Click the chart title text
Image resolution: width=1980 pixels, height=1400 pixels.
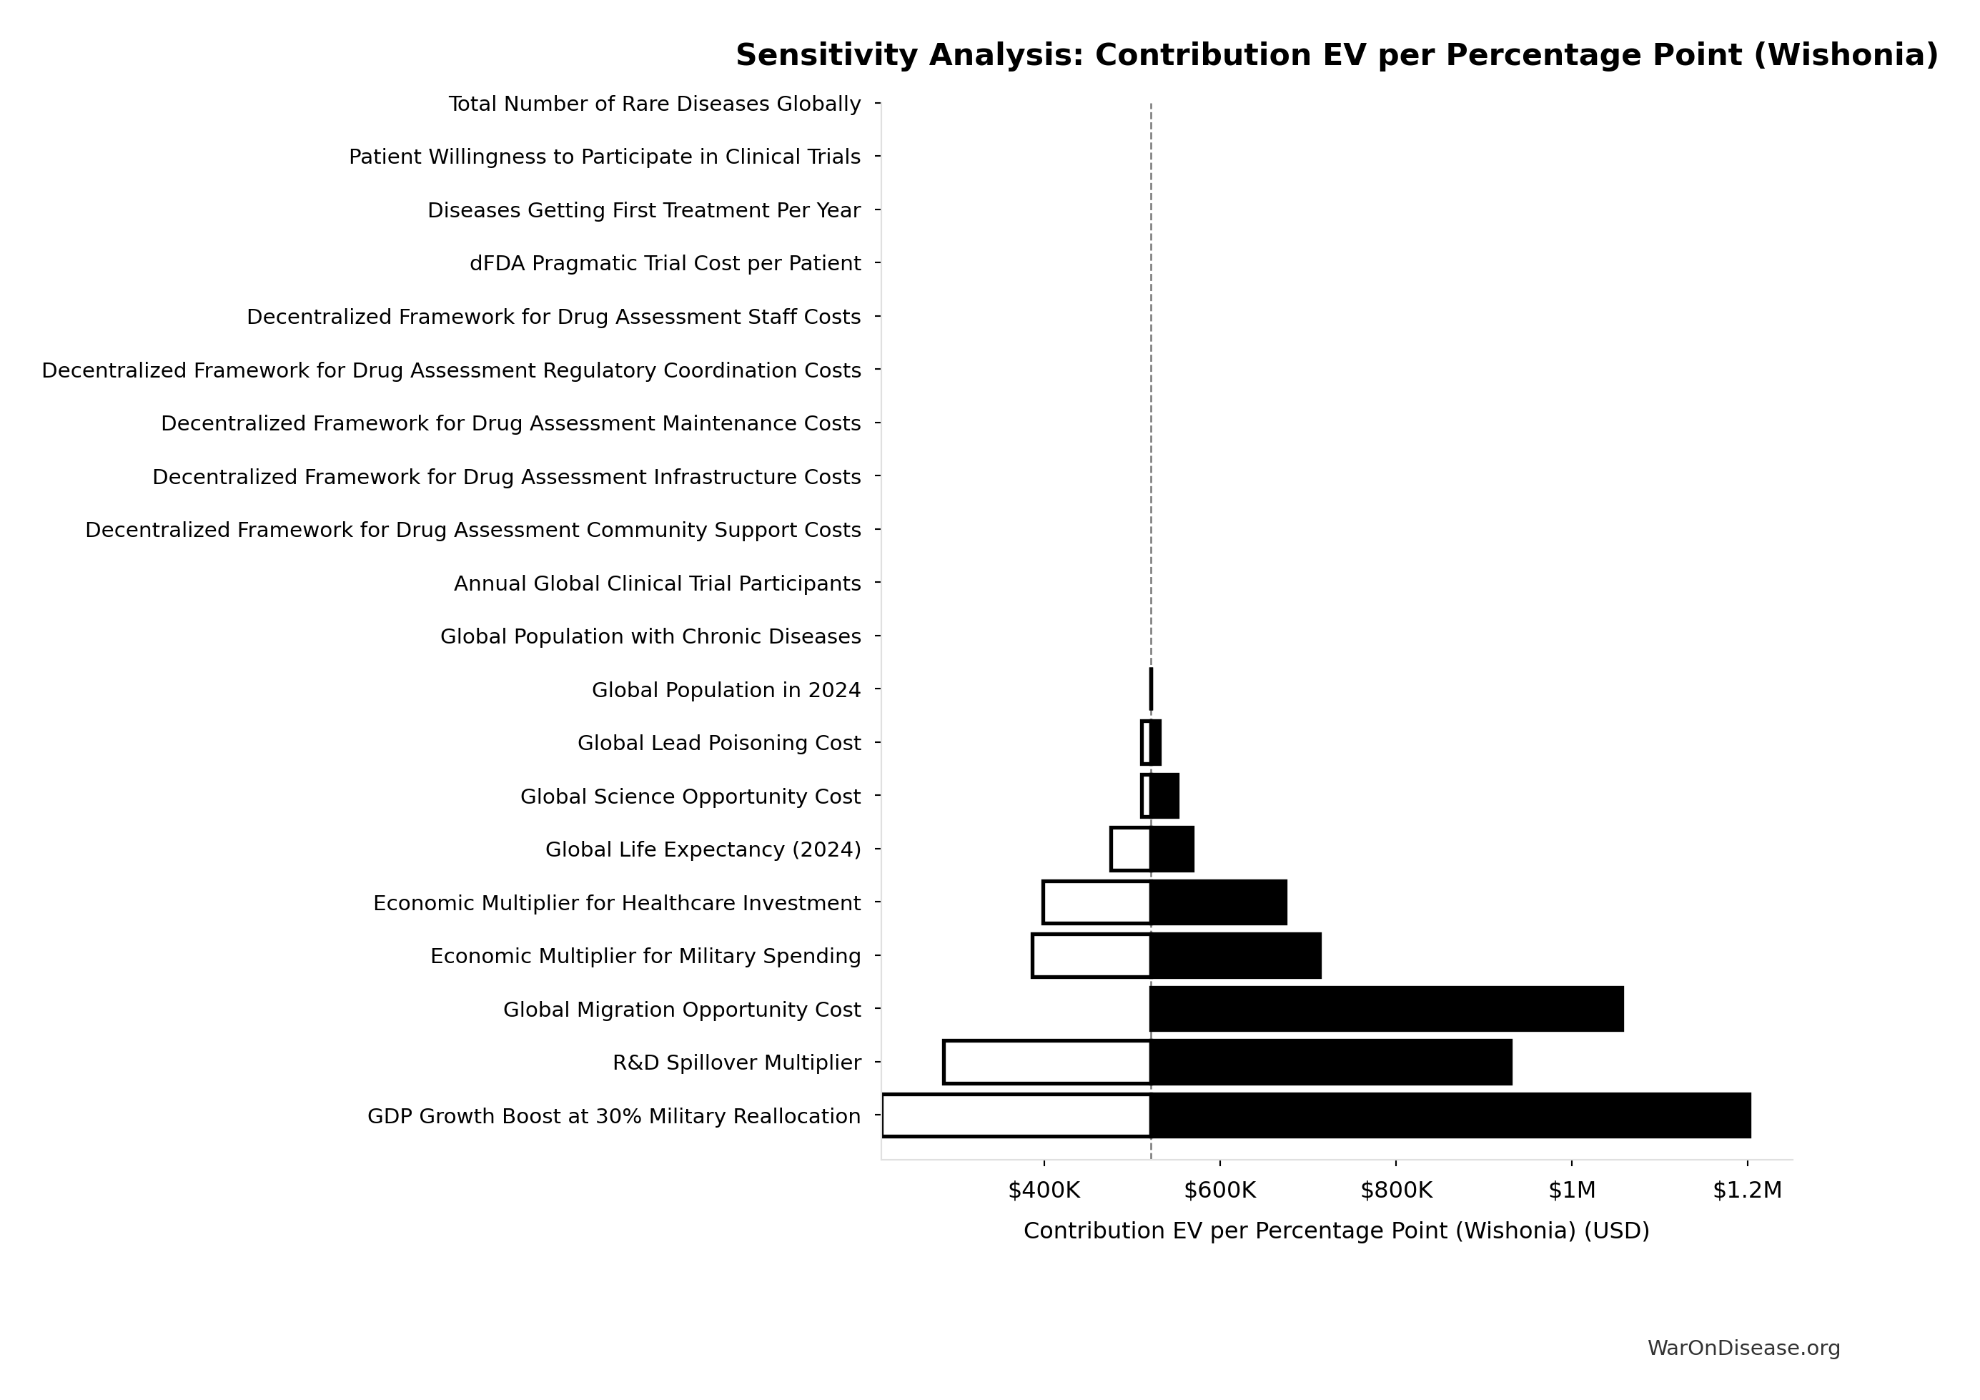coord(1337,55)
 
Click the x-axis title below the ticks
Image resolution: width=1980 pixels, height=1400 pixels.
coord(1336,1231)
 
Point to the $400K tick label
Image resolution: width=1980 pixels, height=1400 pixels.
coord(1044,1191)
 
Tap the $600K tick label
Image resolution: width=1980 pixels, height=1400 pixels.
coord(1219,1191)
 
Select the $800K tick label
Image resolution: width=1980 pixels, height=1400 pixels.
coord(1395,1191)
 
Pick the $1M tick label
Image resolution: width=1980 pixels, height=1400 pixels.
coord(1571,1191)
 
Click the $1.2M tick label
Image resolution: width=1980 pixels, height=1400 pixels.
coord(1746,1191)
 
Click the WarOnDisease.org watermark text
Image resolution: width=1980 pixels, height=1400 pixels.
coord(1743,1349)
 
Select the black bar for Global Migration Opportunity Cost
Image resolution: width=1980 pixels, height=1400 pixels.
coord(1386,1009)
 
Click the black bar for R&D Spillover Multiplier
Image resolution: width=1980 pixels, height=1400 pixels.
coord(1331,1063)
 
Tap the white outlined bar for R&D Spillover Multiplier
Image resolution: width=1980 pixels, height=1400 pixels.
coord(1047,1063)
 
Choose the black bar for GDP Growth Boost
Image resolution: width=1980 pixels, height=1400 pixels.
coord(1450,1116)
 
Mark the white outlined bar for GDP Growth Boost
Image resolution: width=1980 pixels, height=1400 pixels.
coord(1016,1116)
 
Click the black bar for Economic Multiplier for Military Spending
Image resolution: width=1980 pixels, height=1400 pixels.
coord(1235,956)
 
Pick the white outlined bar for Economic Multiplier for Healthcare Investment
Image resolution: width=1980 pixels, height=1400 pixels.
coord(1096,903)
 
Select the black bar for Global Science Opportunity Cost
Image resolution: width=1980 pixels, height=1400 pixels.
coord(1164,797)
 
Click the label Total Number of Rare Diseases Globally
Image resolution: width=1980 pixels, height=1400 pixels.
coord(655,104)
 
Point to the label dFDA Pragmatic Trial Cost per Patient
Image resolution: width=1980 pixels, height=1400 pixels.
coord(665,264)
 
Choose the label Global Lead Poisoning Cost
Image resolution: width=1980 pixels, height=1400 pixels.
coord(719,744)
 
